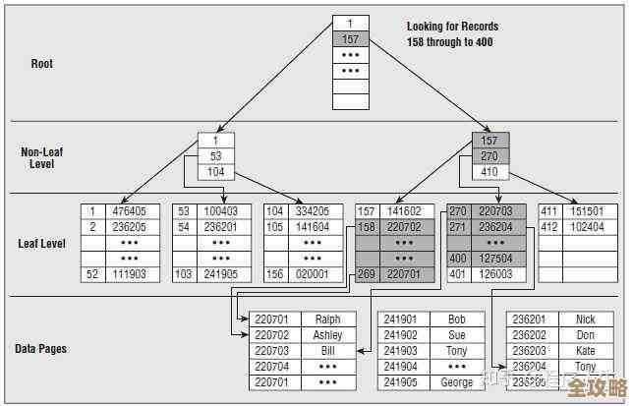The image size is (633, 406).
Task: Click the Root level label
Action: click(41, 64)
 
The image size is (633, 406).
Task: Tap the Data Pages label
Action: click(40, 349)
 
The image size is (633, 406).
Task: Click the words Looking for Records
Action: click(452, 27)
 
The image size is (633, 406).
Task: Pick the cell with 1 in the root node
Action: click(349, 23)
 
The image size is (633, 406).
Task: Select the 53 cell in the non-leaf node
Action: click(215, 156)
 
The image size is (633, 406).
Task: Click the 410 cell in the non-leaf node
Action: click(489, 172)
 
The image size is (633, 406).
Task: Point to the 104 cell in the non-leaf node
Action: click(215, 172)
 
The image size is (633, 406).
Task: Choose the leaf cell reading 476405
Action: click(129, 211)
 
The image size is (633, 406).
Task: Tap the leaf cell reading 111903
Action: click(129, 274)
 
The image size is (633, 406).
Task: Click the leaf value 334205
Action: click(312, 211)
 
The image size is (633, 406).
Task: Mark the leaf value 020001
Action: click(312, 274)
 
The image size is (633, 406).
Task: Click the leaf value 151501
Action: click(587, 211)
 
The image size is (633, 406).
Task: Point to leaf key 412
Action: click(548, 227)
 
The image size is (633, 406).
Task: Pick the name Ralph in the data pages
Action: click(327, 319)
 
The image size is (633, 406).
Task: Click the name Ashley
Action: click(327, 335)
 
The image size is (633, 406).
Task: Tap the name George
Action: click(456, 382)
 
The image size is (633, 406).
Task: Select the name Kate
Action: click(585, 351)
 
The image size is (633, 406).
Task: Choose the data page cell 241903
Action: click(401, 351)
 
